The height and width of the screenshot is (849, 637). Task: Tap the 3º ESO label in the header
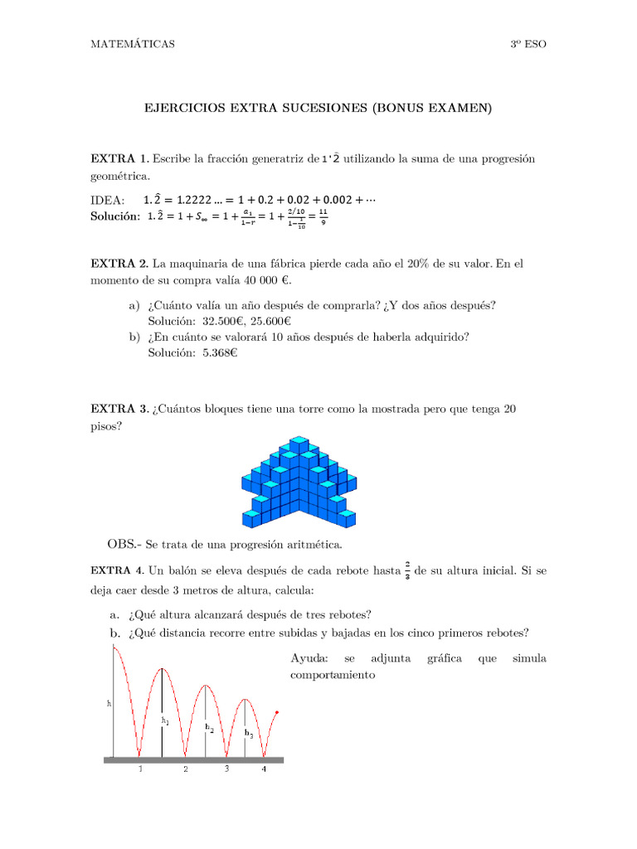(528, 44)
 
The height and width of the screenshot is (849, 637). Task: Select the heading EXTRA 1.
(120, 158)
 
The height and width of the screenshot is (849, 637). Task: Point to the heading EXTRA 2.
(120, 264)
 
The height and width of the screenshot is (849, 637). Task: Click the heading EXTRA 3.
(120, 409)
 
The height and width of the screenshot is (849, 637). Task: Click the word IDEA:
(108, 200)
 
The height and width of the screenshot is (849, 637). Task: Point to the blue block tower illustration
(299, 484)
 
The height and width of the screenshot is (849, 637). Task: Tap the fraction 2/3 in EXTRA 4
(408, 570)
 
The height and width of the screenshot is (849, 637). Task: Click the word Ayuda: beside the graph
(310, 658)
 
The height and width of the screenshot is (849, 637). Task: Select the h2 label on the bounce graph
(209, 727)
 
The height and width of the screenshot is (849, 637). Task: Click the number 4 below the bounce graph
(265, 769)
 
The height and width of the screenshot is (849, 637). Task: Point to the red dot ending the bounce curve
(277, 712)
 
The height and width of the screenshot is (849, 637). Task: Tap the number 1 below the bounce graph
(140, 769)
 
